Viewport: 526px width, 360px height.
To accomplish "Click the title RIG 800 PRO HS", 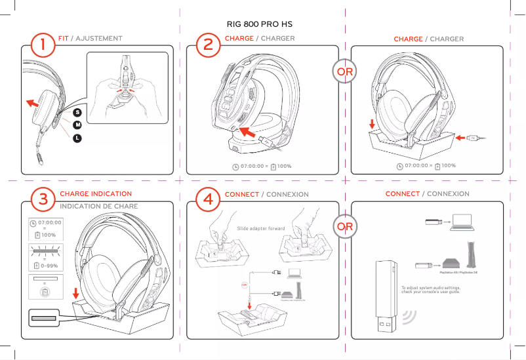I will coord(259,24).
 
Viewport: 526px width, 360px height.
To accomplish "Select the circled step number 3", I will coord(43,201).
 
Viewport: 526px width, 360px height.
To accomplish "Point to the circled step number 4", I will coord(208,201).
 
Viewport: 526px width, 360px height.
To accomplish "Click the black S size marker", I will coord(77,113).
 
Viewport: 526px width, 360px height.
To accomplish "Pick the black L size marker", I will coord(77,138).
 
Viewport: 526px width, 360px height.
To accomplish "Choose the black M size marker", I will coord(77,125).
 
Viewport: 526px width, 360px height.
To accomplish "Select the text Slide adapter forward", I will coord(261,230).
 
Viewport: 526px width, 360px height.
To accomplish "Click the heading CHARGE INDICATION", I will coord(96,194).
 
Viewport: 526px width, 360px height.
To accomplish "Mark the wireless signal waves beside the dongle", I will coord(412,317).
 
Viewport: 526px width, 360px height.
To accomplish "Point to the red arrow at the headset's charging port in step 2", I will coord(247,133).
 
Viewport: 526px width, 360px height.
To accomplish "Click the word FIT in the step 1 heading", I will coord(63,39).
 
